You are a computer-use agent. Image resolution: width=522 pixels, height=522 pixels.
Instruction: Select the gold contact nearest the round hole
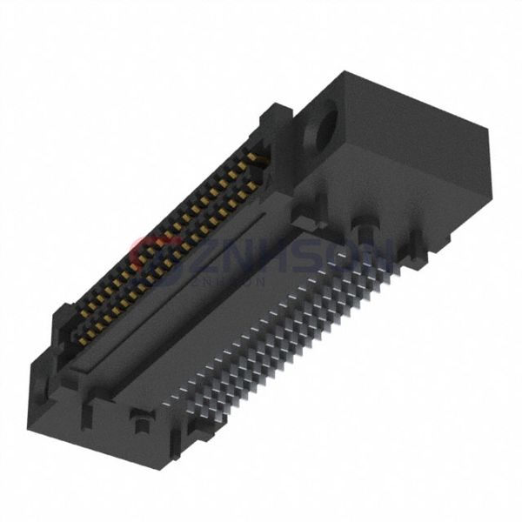pos(254,158)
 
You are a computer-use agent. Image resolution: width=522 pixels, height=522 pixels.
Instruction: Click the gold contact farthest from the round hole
pos(83,341)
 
